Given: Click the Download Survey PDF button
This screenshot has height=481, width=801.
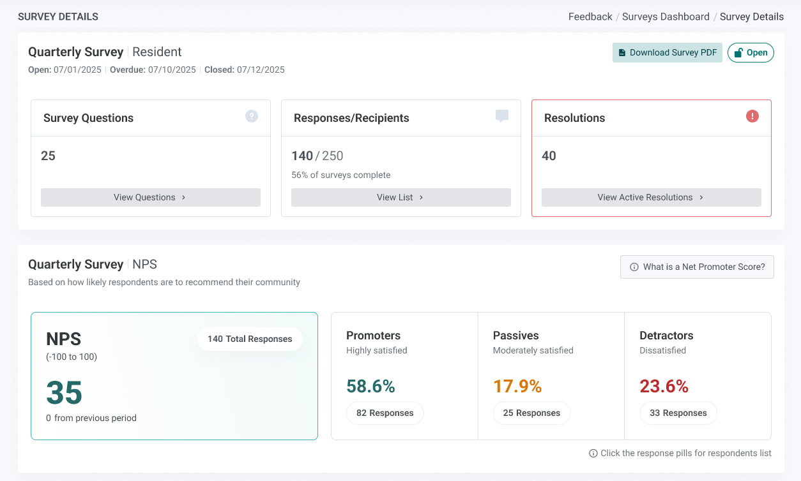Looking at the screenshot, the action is tap(667, 52).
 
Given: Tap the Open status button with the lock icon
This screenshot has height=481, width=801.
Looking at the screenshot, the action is tap(751, 52).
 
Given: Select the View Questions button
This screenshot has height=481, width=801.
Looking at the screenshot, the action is tap(151, 197).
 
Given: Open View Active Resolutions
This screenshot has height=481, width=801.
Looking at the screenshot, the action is tap(651, 197).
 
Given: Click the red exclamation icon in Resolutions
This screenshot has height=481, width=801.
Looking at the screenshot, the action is tap(752, 116).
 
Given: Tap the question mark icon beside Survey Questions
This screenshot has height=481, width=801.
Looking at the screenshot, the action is tap(252, 116).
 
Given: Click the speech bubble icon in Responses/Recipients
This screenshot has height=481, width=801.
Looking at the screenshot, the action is tap(502, 115).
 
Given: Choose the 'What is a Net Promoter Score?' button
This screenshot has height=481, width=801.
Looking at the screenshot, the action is tap(697, 267).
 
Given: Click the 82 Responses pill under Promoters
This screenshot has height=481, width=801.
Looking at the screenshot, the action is tap(385, 413).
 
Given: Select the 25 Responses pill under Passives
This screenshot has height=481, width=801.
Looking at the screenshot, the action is tap(531, 413).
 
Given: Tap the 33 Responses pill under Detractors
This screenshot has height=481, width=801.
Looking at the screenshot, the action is tap(678, 413).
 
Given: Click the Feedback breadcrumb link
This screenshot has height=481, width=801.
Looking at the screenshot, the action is tap(590, 17).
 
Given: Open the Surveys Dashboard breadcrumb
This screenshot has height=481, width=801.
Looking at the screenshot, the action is tap(666, 17).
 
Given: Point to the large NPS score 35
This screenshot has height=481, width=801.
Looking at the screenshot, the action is tap(65, 392).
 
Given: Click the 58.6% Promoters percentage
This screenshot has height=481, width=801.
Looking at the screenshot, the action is tap(370, 386).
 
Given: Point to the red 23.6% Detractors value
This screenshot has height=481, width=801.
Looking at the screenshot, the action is tap(664, 386).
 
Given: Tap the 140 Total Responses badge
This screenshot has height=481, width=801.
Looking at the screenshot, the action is tap(250, 339).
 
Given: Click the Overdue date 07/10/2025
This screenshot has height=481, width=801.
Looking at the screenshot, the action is tap(172, 70).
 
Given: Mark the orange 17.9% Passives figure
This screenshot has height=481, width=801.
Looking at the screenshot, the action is tap(517, 386).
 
